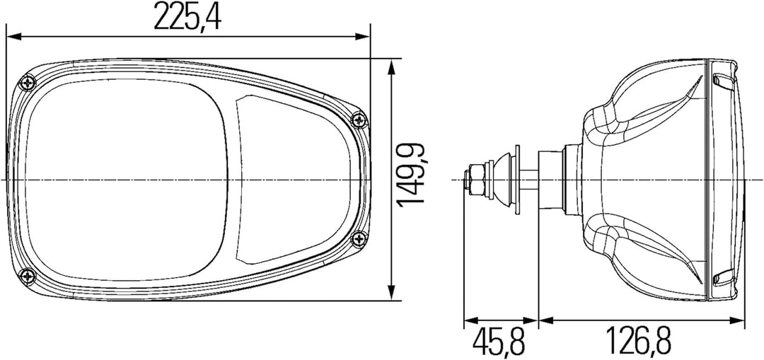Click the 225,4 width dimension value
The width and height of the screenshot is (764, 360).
(x=187, y=16)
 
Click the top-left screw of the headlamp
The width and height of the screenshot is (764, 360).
(x=29, y=83)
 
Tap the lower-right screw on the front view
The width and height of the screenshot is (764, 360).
(x=359, y=238)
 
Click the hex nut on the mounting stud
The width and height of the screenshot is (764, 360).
(x=477, y=180)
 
